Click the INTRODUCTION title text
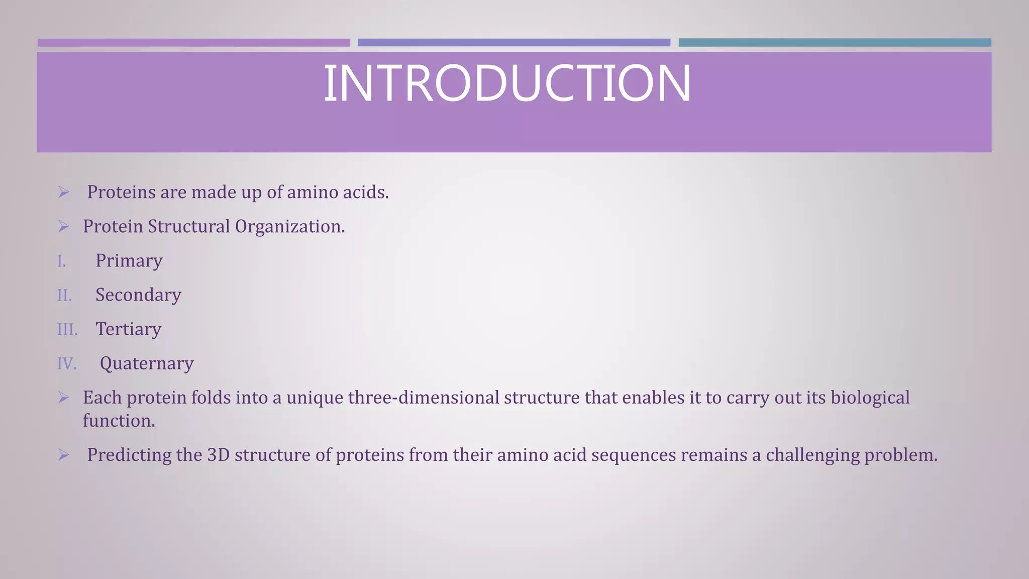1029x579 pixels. pyautogui.click(x=506, y=83)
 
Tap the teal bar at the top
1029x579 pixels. pyautogui.click(x=835, y=43)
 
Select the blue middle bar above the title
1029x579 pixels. pyautogui.click(x=513, y=43)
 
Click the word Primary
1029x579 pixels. pyautogui.click(x=129, y=261)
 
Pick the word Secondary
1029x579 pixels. pyautogui.click(x=138, y=295)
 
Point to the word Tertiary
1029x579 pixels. pyautogui.click(x=129, y=329)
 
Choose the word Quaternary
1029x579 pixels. pyautogui.click(x=147, y=363)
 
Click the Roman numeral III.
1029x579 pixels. pyautogui.click(x=67, y=330)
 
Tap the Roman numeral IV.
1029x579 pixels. pyautogui.click(x=67, y=364)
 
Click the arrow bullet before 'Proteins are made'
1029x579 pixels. pyautogui.click(x=63, y=192)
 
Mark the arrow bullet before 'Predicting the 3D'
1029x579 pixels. pyautogui.click(x=63, y=455)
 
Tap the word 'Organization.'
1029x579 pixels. pyautogui.click(x=290, y=227)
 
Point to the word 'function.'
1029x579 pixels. pyautogui.click(x=119, y=421)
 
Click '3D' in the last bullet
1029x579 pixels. pyautogui.click(x=218, y=455)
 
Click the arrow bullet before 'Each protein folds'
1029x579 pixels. pyautogui.click(x=63, y=398)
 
